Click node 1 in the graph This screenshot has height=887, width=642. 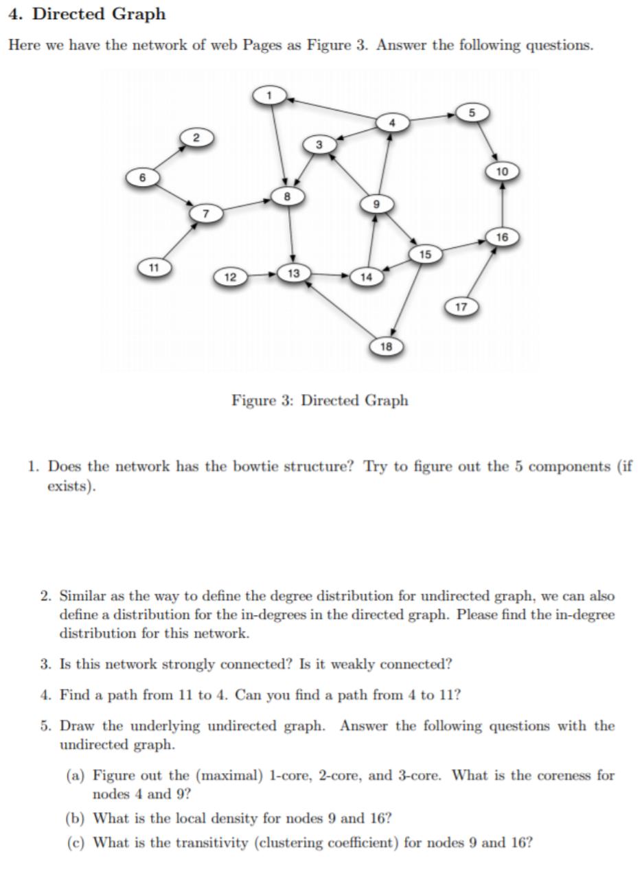[270, 95]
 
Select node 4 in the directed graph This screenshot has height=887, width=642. [392, 123]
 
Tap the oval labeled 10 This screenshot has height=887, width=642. [502, 171]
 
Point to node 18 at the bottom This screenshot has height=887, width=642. [386, 346]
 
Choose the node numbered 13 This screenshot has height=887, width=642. [294, 273]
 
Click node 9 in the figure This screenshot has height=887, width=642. [376, 204]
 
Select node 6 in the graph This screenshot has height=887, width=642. [142, 177]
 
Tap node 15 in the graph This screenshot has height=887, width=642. [425, 255]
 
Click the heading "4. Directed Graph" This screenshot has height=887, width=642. [87, 14]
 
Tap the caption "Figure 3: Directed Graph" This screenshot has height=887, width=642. [319, 400]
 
